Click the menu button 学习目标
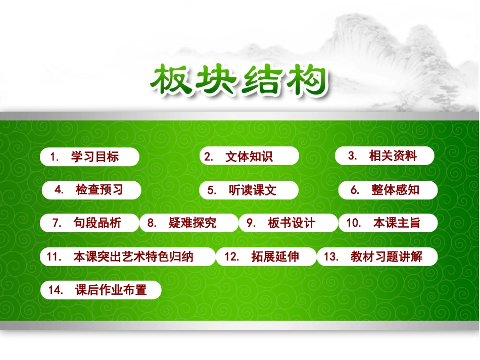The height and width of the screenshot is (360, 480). tap(89, 157)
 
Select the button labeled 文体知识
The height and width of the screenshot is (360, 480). tap(249, 157)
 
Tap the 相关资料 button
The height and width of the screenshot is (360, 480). tap(385, 156)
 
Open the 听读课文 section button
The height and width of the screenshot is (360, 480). tap(249, 190)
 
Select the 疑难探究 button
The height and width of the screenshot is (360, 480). tap(188, 223)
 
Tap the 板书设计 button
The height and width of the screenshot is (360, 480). tap(287, 223)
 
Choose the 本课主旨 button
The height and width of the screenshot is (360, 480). tap(388, 223)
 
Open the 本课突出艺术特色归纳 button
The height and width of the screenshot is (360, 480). tap(128, 256)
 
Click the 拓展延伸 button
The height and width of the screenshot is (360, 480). tap(266, 256)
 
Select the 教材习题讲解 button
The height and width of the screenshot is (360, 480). tap(377, 256)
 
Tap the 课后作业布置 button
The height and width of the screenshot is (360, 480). tap(101, 290)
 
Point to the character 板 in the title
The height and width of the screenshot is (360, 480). tap(173, 80)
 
